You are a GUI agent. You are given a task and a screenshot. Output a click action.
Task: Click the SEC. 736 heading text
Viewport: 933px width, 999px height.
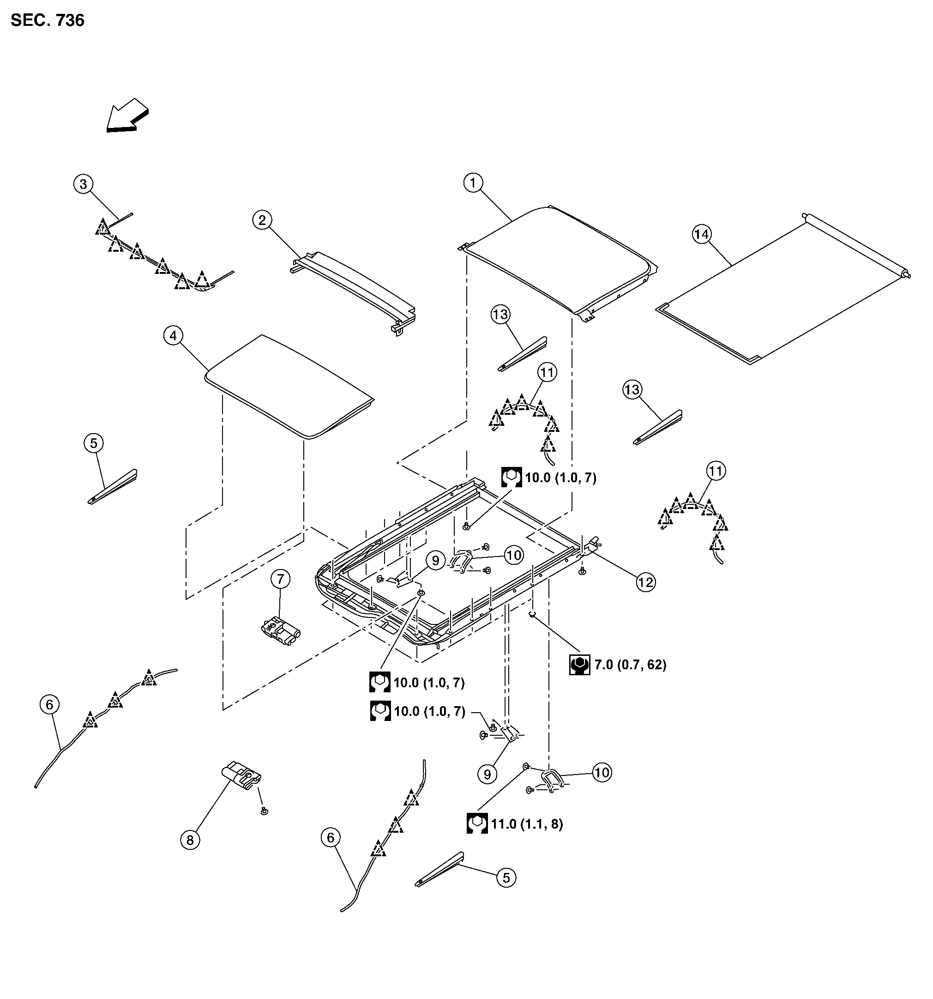[47, 21]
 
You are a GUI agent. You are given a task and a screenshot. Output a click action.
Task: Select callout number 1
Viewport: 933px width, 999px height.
[472, 183]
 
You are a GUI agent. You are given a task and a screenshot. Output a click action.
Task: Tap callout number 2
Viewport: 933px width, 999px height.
[262, 220]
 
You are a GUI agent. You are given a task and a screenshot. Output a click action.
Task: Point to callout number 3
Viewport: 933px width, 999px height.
[84, 184]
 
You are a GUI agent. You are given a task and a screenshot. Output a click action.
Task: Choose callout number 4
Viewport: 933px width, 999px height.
[173, 336]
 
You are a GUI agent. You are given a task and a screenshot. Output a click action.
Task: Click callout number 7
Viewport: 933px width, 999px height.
[280, 579]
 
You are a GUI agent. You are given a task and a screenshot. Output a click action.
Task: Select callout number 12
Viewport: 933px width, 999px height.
[645, 582]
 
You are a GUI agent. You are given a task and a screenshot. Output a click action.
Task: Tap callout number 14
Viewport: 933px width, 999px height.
[702, 234]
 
